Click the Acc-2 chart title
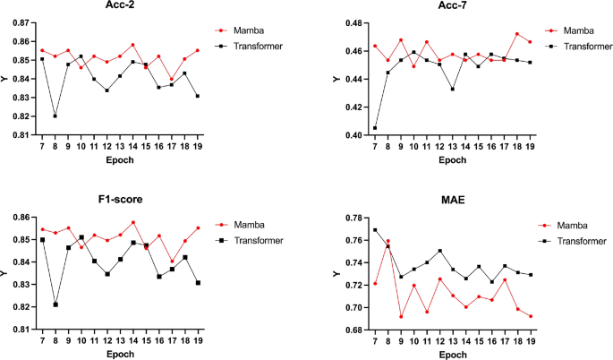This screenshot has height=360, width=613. pyautogui.click(x=120, y=5)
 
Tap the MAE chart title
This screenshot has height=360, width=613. pyautogui.click(x=453, y=200)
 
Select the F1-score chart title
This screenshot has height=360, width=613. pyautogui.click(x=121, y=199)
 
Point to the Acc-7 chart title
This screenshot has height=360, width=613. pyautogui.click(x=452, y=5)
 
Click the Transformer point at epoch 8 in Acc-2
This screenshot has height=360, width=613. pyautogui.click(x=55, y=116)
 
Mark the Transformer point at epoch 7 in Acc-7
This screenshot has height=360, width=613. pyautogui.click(x=375, y=128)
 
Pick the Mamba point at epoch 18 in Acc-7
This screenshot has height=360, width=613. pyautogui.click(x=517, y=34)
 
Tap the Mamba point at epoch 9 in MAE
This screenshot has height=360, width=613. pyautogui.click(x=401, y=316)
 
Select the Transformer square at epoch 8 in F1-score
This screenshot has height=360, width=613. pyautogui.click(x=55, y=304)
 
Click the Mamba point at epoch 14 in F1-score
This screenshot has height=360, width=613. pyautogui.click(x=133, y=222)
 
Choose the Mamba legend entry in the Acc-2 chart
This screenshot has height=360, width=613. pyautogui.click(x=240, y=30)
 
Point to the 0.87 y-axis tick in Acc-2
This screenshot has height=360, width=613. pyautogui.click(x=21, y=23)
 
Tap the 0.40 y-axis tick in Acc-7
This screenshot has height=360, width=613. pyautogui.click(x=353, y=135)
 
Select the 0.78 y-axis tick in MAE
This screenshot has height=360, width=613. pyautogui.click(x=353, y=218)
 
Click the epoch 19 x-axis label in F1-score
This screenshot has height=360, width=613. pyautogui.click(x=198, y=341)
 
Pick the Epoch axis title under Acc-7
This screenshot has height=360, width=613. pyautogui.click(x=452, y=160)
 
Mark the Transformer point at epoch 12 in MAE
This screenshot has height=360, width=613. pyautogui.click(x=439, y=251)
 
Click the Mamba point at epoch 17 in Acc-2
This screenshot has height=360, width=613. pyautogui.click(x=172, y=79)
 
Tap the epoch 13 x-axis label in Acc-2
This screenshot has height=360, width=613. pyautogui.click(x=120, y=147)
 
